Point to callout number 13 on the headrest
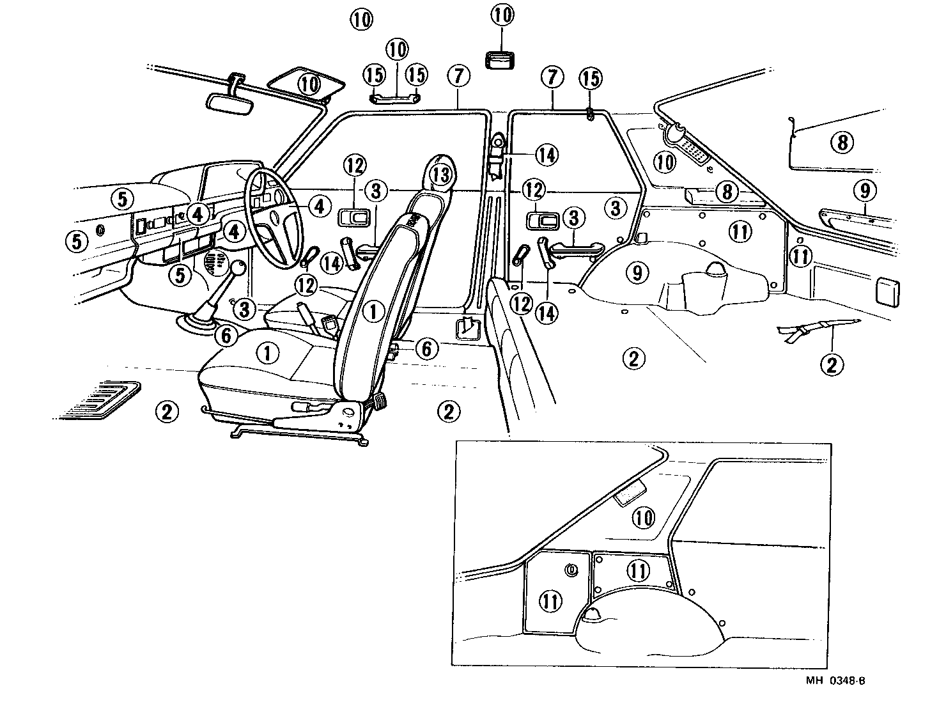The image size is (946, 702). click(441, 173)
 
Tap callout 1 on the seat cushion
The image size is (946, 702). click(267, 352)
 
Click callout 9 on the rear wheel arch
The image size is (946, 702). click(637, 273)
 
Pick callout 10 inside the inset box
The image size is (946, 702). click(644, 517)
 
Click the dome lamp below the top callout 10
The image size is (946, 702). click(503, 61)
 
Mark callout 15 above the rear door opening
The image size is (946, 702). click(591, 78)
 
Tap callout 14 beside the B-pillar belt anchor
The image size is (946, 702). click(547, 155)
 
